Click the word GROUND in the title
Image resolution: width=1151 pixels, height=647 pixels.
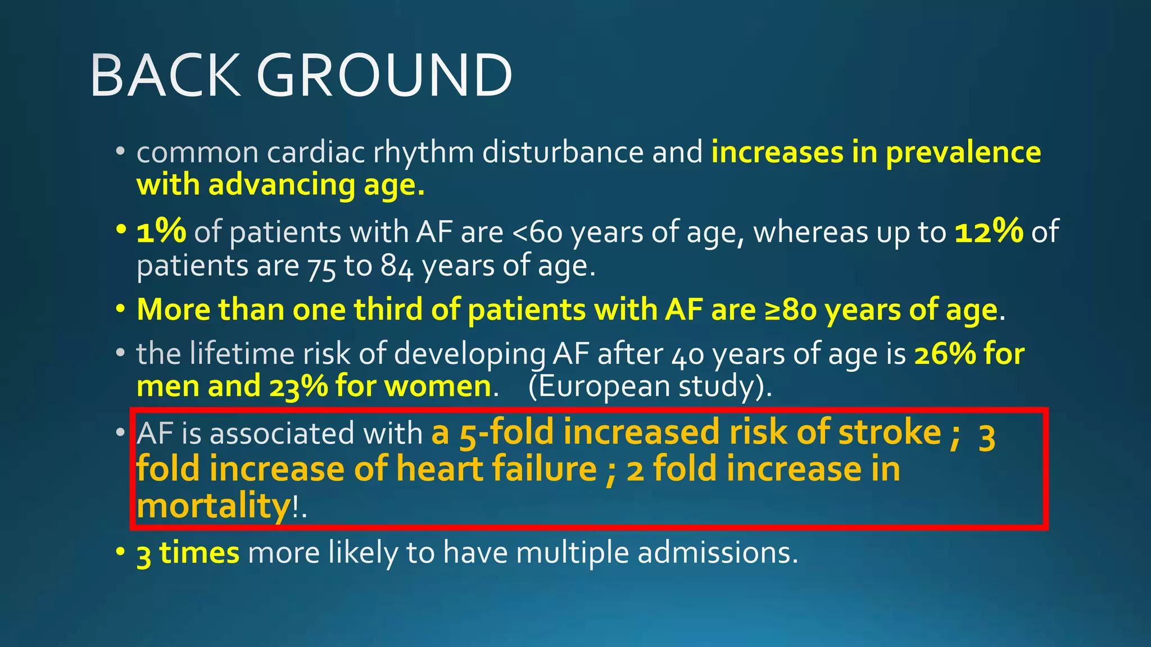pos(384,75)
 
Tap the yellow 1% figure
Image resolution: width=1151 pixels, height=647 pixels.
pos(161,231)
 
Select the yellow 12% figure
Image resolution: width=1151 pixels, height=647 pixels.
pos(989,231)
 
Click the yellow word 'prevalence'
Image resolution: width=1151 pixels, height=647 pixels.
pos(963,153)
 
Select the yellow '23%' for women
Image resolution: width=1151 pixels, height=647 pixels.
pos(298,387)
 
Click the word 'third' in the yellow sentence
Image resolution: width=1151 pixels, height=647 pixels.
pos(388,310)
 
